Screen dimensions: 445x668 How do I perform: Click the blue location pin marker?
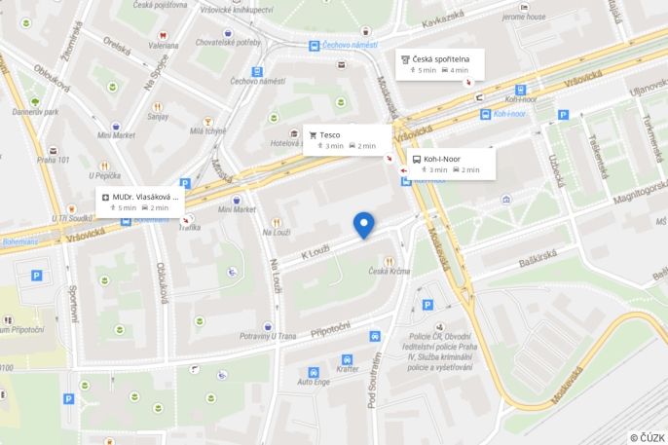pyautogui.click(x=364, y=224)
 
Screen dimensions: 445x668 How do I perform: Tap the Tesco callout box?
pyautogui.click(x=347, y=139)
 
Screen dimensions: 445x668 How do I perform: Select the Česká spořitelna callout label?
pyautogui.click(x=437, y=64)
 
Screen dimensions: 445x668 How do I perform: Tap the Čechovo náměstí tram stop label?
pyautogui.click(x=348, y=45)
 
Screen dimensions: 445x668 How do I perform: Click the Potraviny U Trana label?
pyautogui.click(x=267, y=336)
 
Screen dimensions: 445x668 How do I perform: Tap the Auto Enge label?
pyautogui.click(x=314, y=382)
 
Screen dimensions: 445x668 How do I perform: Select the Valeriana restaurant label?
pyautogui.click(x=164, y=44)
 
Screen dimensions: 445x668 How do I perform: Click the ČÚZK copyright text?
pyautogui.click(x=647, y=437)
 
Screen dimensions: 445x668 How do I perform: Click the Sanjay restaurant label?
pyautogui.click(x=158, y=116)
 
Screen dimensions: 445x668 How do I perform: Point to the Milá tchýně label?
pyautogui.click(x=208, y=130)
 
